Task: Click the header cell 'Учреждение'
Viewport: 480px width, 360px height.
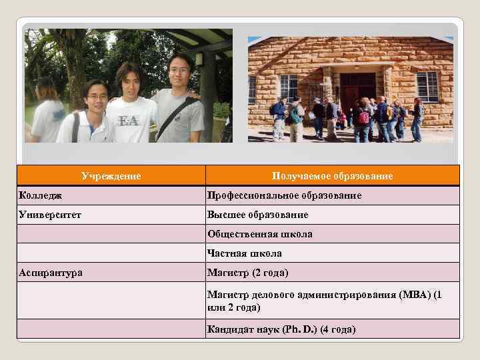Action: pyautogui.click(x=111, y=176)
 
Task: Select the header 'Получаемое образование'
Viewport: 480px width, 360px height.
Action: pyautogui.click(x=332, y=176)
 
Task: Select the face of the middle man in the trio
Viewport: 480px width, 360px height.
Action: pyautogui.click(x=131, y=79)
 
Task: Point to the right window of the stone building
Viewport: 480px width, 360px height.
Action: pyautogui.click(x=427, y=85)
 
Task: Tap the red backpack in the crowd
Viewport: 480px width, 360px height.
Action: pyautogui.click(x=364, y=119)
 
